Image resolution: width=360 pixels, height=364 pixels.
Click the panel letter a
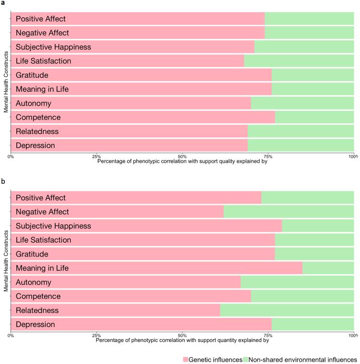coord(3,4)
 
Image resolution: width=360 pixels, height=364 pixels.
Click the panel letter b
coord(3,183)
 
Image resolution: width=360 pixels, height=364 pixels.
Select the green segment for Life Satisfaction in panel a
coord(299,61)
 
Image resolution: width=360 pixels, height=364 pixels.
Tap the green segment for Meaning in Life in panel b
coord(328,268)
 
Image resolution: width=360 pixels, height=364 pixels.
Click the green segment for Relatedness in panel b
coord(287,310)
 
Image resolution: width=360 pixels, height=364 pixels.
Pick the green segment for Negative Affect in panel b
coord(288,212)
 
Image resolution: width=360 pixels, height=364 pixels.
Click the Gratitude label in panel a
coord(32,75)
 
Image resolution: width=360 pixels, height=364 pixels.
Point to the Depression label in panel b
coord(36,325)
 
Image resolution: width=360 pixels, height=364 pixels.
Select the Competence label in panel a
coord(38,117)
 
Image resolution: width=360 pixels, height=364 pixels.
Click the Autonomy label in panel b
coord(34,282)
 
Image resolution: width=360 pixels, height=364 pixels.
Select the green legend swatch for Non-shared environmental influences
coord(246,359)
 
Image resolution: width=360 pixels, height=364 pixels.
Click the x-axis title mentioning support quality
coord(182,161)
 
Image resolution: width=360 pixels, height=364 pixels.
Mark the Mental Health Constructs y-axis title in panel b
coord(6,261)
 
